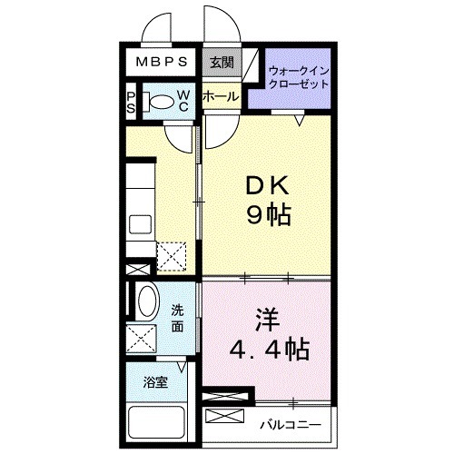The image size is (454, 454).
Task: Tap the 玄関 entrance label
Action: click(221, 63)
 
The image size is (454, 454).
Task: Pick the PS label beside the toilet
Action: click(131, 102)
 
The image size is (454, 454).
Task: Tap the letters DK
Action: click(265, 186)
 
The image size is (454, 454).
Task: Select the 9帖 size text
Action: click(265, 216)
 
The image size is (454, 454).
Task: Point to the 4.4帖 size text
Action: click(267, 349)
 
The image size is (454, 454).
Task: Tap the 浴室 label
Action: click(157, 382)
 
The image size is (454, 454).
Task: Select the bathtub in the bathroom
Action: click(157, 421)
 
